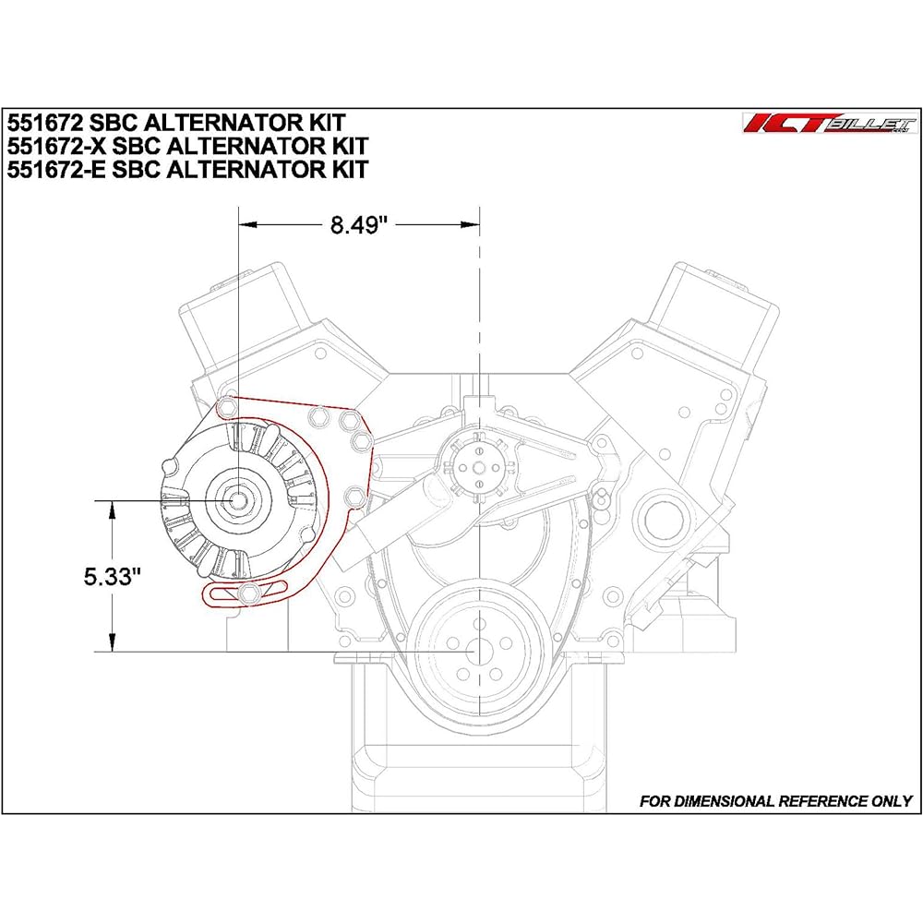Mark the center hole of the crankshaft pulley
(480, 652)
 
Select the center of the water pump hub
(480, 467)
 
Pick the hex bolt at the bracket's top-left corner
(228, 406)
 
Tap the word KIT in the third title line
(347, 169)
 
